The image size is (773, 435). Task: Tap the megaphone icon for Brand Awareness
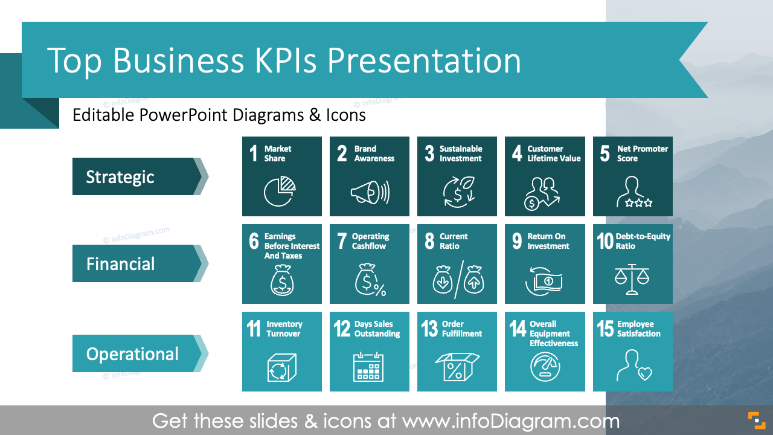[370, 193]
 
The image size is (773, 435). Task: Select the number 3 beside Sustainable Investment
[429, 153]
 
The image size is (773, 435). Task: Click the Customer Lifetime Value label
[553, 153]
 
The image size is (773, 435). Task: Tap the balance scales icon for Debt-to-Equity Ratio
[632, 279]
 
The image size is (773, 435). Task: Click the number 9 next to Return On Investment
[517, 241]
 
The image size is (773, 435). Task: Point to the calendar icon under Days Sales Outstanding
[368, 366]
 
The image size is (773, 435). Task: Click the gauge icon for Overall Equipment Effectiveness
[545, 367]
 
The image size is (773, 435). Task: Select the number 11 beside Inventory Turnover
[254, 329]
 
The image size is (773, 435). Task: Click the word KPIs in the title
[283, 60]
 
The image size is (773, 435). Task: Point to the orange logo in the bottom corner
[756, 419]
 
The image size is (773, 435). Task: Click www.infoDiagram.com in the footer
[511, 420]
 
